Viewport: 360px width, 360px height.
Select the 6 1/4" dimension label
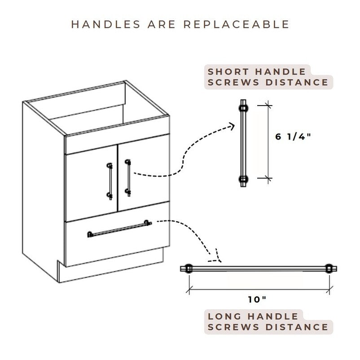(293, 137)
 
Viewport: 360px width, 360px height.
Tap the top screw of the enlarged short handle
(243, 108)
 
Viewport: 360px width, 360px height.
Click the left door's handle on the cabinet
(109, 180)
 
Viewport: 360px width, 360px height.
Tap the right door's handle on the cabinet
(128, 177)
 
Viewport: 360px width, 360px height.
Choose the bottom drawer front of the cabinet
(117, 242)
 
